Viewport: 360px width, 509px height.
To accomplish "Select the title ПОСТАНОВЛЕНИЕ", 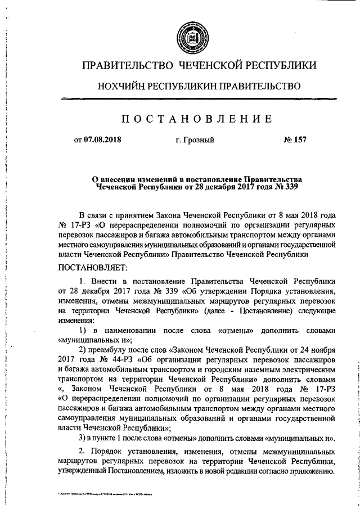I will coord(190,119).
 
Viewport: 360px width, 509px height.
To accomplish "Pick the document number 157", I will coord(300,139).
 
